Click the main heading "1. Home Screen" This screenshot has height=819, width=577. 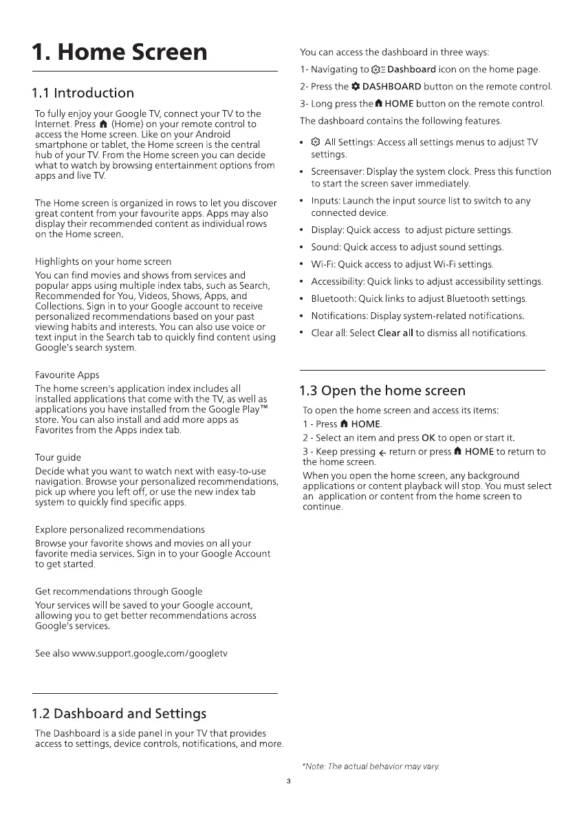click(x=120, y=52)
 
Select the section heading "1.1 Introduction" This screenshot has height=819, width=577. click(x=83, y=93)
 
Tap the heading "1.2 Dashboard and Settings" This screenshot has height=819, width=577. click(x=119, y=712)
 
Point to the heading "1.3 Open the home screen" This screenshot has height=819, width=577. click(x=382, y=391)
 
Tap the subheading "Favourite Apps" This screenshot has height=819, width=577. click(x=67, y=375)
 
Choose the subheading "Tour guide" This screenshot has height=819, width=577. click(x=58, y=457)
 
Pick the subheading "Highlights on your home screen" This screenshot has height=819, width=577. click(x=103, y=261)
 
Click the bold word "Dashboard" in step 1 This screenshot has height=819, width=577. click(x=411, y=69)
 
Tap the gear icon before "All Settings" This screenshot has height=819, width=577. click(x=315, y=142)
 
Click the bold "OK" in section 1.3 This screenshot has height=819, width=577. click(x=428, y=438)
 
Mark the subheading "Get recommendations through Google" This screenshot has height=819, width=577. click(x=118, y=591)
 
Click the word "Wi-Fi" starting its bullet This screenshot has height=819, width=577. click(x=323, y=265)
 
